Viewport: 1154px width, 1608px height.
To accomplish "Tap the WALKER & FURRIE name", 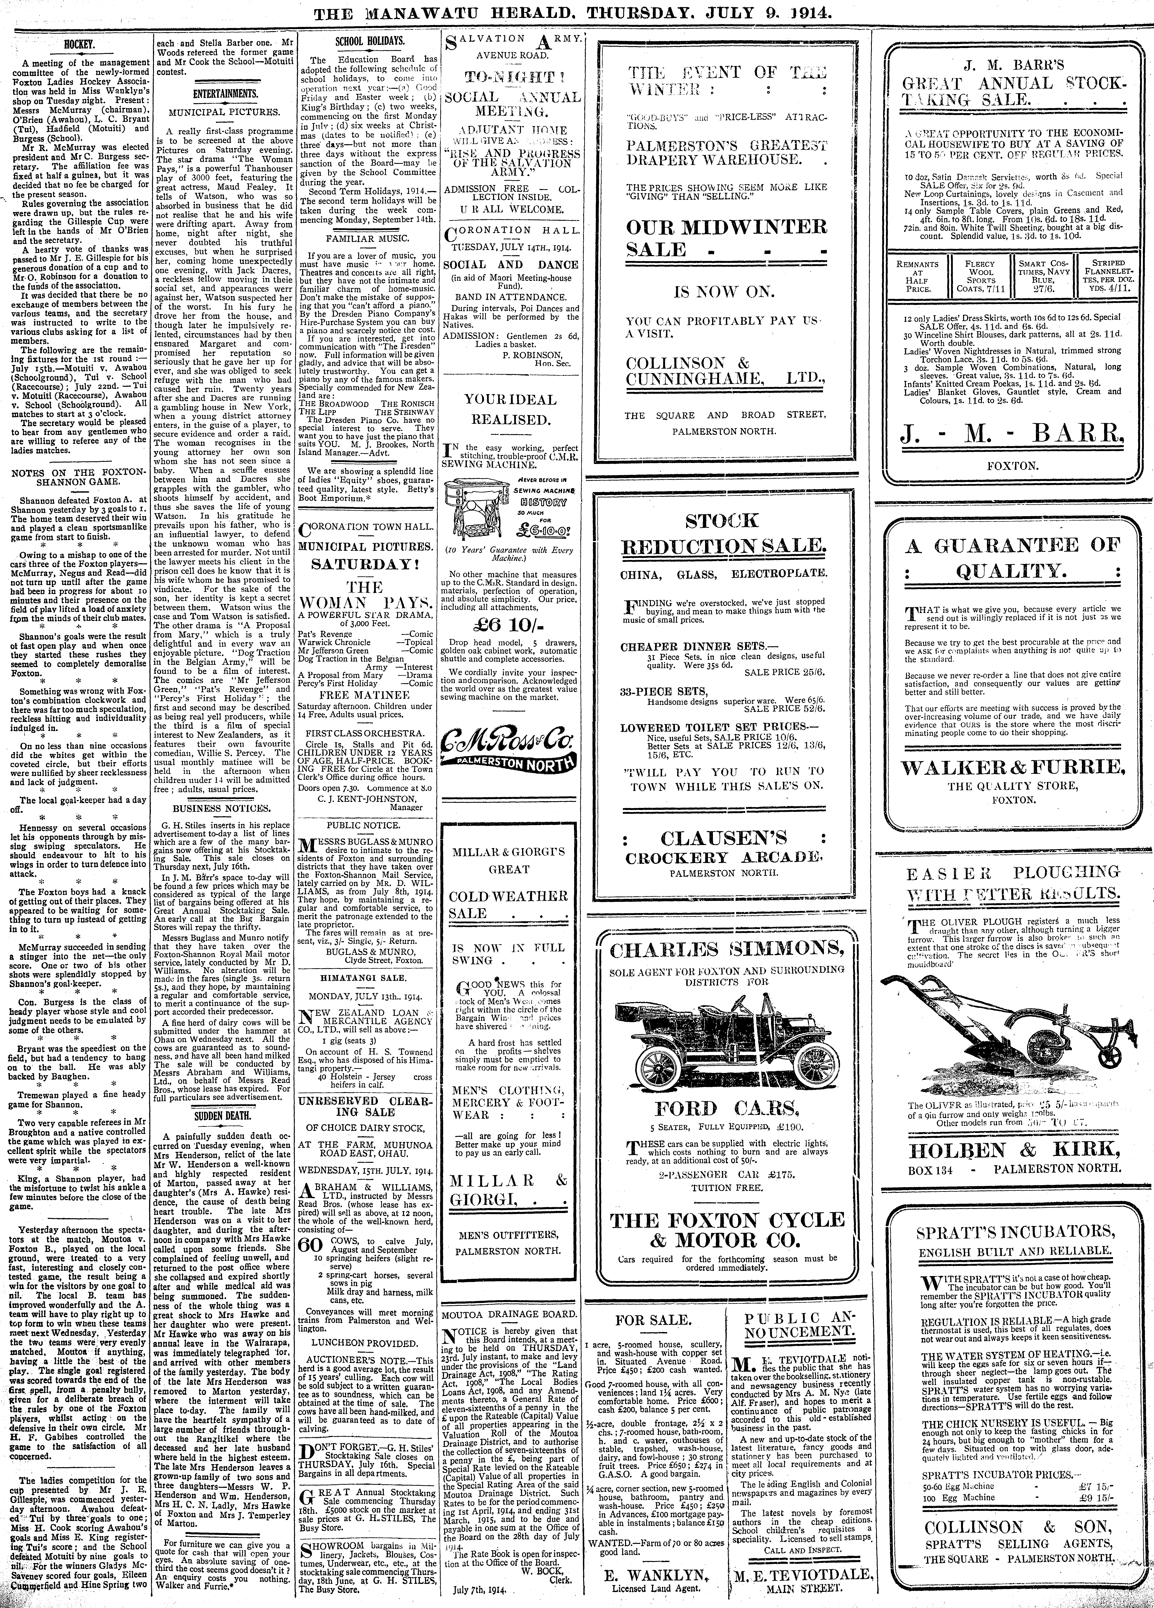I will click(1013, 767).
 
